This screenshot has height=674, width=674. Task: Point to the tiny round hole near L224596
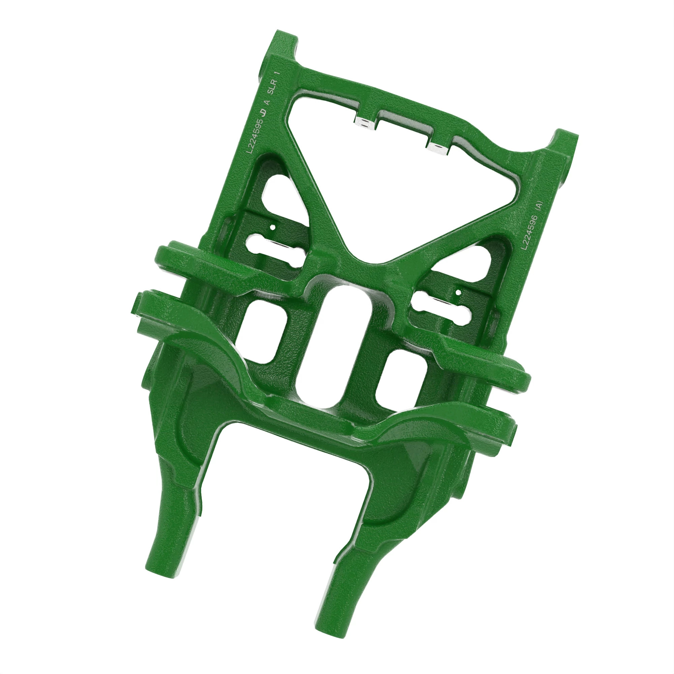coord(458,292)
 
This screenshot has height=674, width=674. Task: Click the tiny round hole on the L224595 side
coord(273,227)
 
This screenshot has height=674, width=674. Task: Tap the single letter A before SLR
coord(267,102)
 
